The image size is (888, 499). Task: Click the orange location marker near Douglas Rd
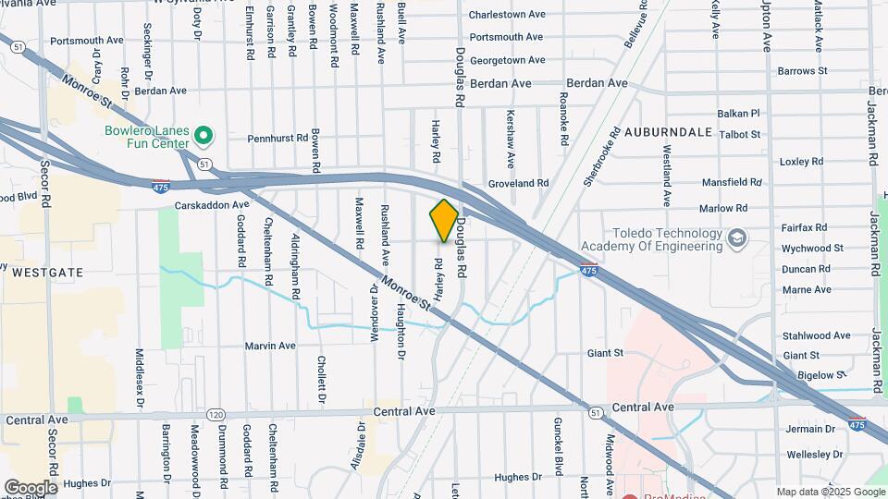click(444, 221)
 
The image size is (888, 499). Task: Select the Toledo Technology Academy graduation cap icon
click(736, 238)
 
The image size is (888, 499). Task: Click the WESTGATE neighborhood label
click(46, 273)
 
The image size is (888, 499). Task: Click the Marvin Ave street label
click(270, 346)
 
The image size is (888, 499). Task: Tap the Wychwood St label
click(812, 248)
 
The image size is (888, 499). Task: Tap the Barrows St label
click(802, 70)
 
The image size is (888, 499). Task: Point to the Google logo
click(31, 488)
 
